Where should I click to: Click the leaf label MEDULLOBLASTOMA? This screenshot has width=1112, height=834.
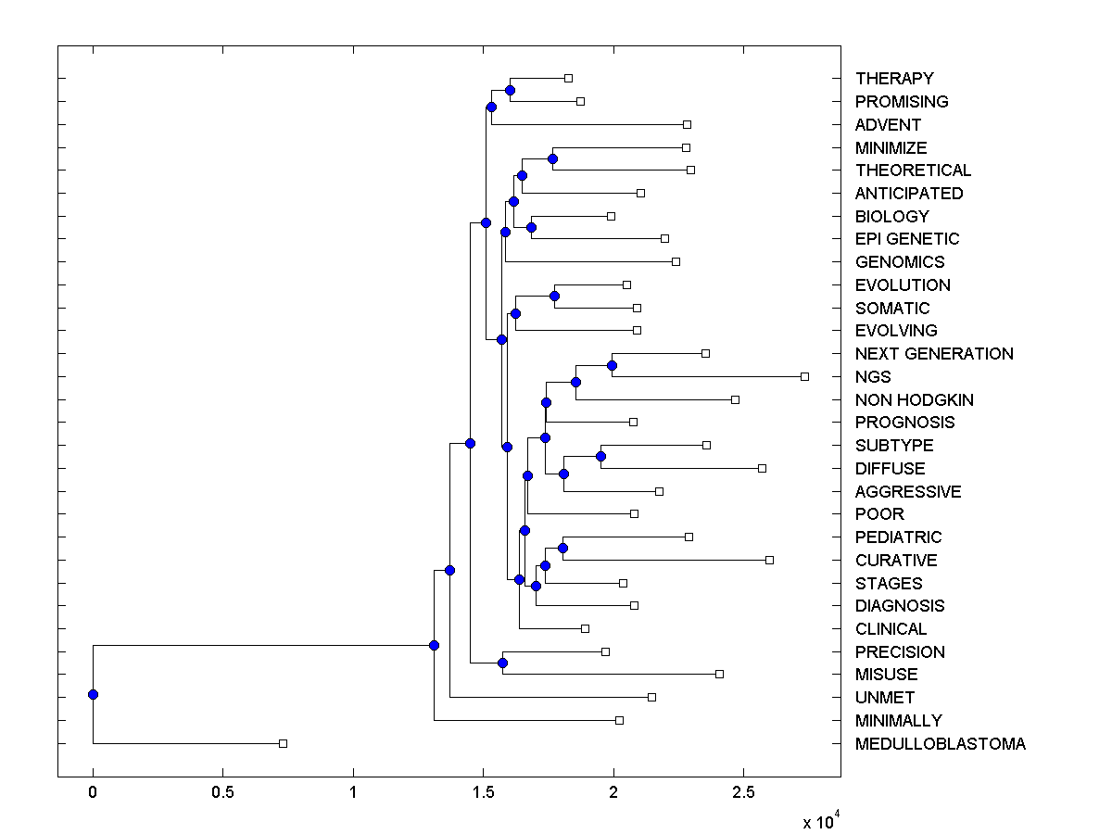pos(941,744)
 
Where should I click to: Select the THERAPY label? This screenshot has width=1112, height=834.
pos(894,79)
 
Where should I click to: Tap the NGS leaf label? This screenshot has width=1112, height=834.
pos(873,377)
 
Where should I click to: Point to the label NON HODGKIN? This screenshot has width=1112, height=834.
pos(914,400)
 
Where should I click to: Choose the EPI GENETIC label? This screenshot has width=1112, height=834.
pos(907,239)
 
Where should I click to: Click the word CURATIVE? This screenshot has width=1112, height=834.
pos(896,561)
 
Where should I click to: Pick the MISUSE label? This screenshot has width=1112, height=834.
pos(887,675)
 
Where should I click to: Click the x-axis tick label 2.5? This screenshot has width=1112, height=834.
pos(743,793)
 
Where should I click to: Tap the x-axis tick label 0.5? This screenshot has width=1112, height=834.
pos(222,793)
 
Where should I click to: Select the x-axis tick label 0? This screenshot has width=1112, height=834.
pos(93,793)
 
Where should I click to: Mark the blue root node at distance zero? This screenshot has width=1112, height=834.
pos(93,694)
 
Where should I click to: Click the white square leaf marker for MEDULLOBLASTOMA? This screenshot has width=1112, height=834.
pos(284,743)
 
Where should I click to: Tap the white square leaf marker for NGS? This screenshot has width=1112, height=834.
pos(804,376)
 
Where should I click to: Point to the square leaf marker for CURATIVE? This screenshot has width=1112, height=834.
pos(769,560)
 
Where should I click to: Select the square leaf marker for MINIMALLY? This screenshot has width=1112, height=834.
pos(619,720)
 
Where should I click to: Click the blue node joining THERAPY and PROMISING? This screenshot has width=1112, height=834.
pos(510,90)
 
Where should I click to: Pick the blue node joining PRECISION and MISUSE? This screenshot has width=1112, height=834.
pos(502,663)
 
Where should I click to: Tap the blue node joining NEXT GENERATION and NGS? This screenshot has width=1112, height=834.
pos(612,365)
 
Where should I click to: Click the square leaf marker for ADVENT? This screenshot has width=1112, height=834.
pos(687,124)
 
